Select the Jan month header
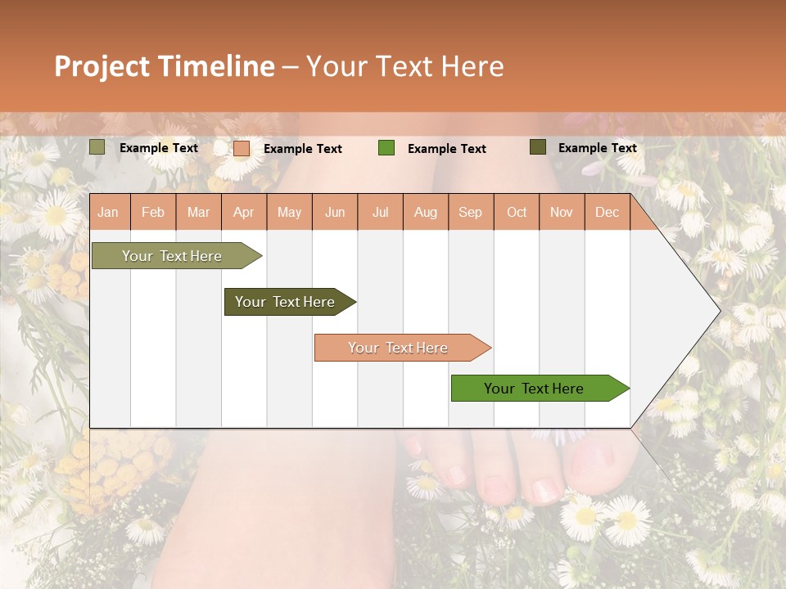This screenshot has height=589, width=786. click(108, 212)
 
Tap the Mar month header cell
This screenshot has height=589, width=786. click(198, 212)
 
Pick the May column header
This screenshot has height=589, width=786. click(289, 212)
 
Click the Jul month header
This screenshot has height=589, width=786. click(380, 212)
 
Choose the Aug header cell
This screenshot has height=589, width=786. click(425, 212)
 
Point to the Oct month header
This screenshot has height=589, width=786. click(517, 212)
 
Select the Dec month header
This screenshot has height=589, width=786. click(607, 212)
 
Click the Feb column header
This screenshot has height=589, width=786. click(153, 212)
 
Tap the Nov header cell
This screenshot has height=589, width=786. click(562, 212)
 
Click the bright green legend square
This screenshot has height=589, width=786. click(386, 148)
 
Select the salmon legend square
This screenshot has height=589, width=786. click(242, 148)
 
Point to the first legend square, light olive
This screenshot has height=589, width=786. click(97, 147)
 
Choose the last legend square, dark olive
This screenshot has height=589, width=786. click(537, 147)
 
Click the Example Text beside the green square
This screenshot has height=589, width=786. click(446, 149)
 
